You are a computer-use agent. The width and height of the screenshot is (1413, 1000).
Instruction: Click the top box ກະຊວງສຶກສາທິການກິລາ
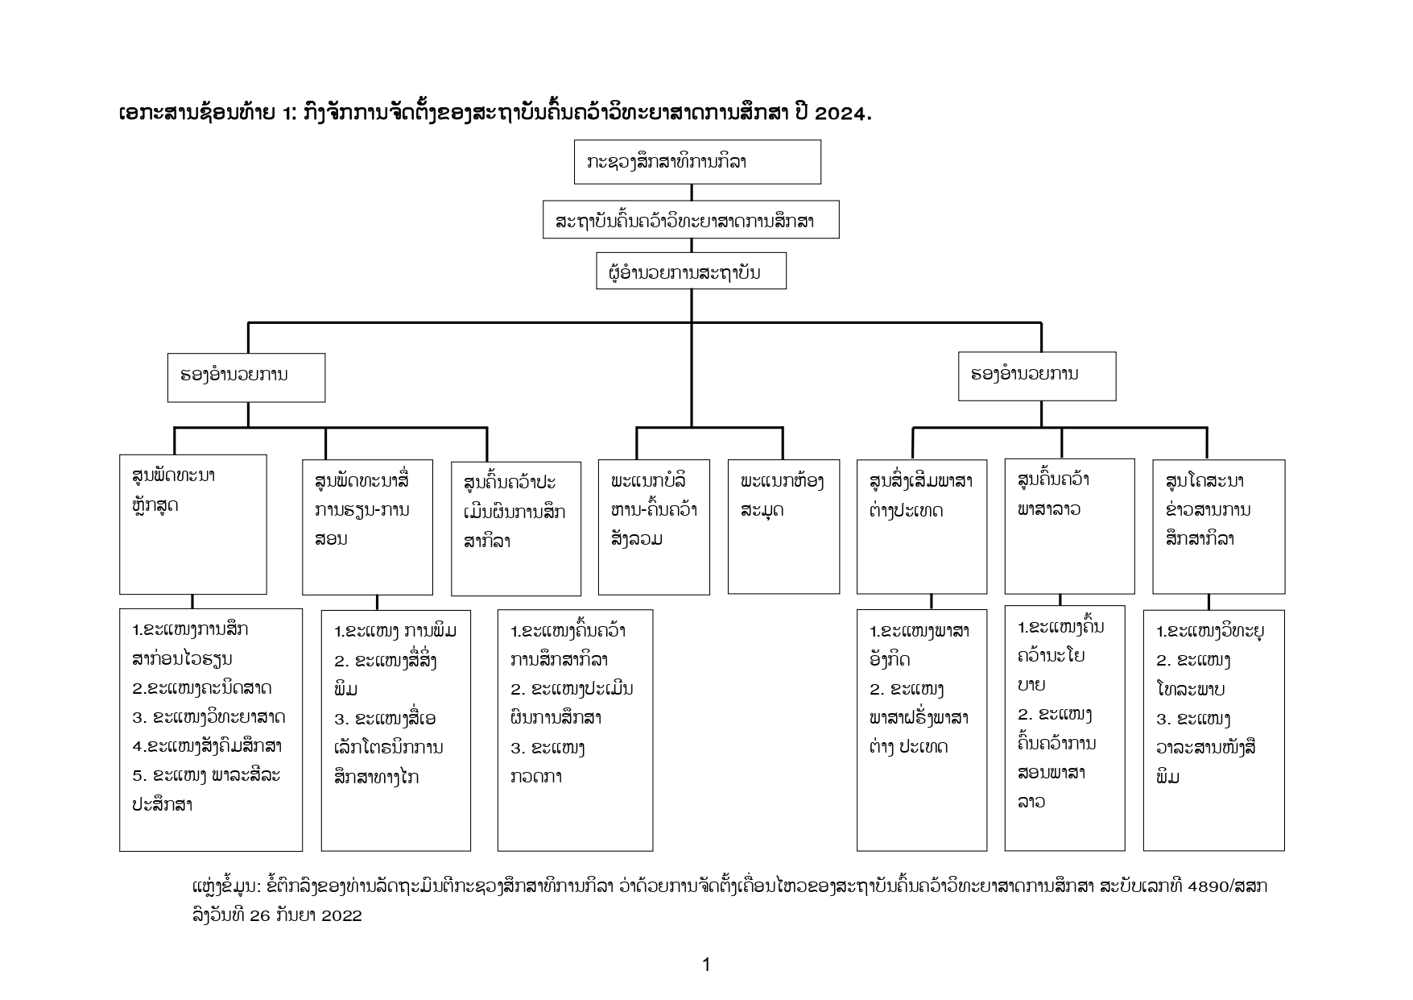point(696,162)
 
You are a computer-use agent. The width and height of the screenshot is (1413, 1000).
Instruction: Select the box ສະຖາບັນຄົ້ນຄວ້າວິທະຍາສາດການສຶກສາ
point(691,220)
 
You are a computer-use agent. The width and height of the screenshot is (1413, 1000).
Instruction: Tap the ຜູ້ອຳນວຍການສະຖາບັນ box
point(691,272)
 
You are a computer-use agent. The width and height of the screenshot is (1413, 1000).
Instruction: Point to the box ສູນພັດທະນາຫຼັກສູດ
point(192,524)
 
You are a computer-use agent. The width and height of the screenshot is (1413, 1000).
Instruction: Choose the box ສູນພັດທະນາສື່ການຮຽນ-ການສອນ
point(367,527)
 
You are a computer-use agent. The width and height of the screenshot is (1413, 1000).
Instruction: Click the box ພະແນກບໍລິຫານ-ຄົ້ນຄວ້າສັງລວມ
point(654,527)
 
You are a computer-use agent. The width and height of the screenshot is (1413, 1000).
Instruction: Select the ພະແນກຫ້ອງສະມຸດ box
point(783,526)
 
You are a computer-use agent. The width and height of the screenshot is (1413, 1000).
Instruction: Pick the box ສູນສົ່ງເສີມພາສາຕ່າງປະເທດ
point(921,526)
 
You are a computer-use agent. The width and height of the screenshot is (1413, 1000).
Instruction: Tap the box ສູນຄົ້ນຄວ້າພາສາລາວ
point(1069,525)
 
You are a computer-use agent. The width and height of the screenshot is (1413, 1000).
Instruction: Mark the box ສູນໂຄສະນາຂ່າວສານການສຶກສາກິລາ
point(1218,526)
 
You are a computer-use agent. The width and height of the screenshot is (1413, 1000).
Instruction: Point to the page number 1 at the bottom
point(706,965)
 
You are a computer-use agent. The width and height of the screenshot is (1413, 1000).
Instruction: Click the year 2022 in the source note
point(341,915)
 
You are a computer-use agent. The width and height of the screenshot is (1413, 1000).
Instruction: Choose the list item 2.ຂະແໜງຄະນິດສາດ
point(202,688)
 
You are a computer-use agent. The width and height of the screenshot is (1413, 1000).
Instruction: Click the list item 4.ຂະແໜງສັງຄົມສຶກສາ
point(207,746)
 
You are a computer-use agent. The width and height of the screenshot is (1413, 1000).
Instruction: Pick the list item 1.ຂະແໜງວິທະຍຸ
point(1210,631)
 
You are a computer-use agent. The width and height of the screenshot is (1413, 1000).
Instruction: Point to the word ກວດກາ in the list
point(536,777)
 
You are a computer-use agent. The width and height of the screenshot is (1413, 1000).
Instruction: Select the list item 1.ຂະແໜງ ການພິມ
point(395,631)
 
